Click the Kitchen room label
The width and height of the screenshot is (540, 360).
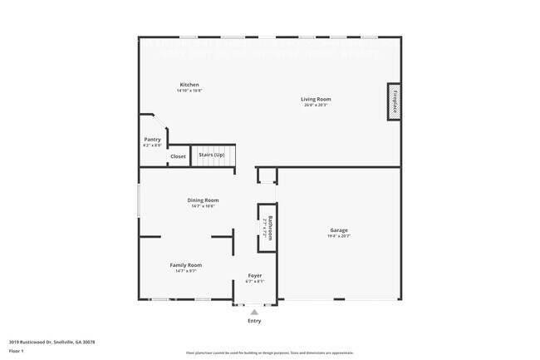click(x=189, y=85)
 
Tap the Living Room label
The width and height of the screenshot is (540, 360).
click(x=316, y=99)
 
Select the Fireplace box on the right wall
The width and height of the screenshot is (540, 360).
click(x=395, y=101)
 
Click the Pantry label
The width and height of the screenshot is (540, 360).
click(x=152, y=139)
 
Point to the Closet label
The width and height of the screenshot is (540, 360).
click(x=178, y=156)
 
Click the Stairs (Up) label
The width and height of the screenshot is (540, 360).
click(x=210, y=155)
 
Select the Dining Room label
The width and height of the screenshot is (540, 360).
click(x=203, y=200)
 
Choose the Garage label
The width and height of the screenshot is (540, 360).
click(x=338, y=230)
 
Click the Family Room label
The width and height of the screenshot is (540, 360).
click(x=186, y=264)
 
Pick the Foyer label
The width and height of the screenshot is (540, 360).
click(x=256, y=275)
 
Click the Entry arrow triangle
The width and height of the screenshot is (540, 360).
click(x=254, y=312)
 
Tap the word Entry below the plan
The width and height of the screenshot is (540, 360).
click(x=254, y=321)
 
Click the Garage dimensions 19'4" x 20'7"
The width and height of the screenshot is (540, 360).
click(x=338, y=237)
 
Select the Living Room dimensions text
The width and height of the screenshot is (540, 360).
click(x=316, y=106)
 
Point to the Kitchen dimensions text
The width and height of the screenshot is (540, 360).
click(x=189, y=91)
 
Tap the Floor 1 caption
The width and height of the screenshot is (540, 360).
click(x=17, y=350)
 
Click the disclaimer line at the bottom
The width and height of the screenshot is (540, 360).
click(x=270, y=353)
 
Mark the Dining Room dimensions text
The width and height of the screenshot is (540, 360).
click(x=203, y=206)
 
